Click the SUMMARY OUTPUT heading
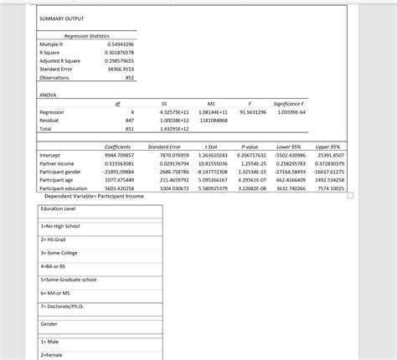coord(61,18)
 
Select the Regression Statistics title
coord(87,35)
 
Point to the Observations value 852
coord(129,77)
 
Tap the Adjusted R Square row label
coord(62,60)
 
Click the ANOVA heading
coord(49,95)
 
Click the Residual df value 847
coord(128,121)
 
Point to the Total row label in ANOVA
coord(47,129)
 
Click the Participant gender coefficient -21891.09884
coord(116,172)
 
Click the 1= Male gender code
coord(50,342)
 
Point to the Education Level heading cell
coord(58,208)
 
